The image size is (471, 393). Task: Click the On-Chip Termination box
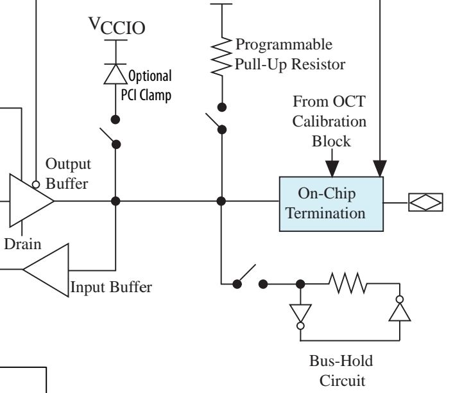330,203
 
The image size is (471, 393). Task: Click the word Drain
22,244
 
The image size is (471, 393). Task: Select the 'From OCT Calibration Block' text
330,121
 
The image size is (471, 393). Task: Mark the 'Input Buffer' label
111,287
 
